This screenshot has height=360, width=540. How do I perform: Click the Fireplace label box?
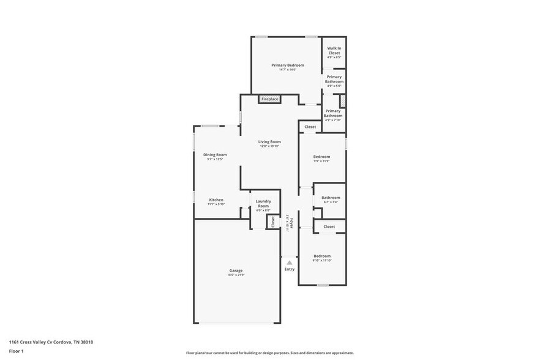coord(269,99)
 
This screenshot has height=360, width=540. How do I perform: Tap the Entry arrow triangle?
coord(290,263)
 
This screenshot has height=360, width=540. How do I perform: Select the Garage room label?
coord(236,271)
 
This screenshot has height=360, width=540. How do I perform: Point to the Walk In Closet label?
coord(334,50)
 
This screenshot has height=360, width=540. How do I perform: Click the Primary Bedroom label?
coord(288,65)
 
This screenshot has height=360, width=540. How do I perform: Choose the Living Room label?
coord(269,141)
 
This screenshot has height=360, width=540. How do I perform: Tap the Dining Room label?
coord(215,155)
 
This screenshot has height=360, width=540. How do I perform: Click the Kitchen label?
coord(216,200)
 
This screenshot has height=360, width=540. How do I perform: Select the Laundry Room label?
coord(263,203)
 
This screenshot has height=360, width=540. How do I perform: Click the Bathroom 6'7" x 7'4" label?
coord(331,197)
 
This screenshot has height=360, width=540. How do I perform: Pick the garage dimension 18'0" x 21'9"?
coord(236,275)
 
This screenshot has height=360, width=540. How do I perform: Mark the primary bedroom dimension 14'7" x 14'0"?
coord(288,70)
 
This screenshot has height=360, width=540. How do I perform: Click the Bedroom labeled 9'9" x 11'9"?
coord(321,157)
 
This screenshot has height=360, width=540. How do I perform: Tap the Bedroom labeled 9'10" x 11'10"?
coord(322,256)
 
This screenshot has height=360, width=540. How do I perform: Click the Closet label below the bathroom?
coord(329,227)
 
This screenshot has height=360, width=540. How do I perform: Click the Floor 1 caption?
coord(16,351)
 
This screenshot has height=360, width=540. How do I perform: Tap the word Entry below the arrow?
coord(290,269)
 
